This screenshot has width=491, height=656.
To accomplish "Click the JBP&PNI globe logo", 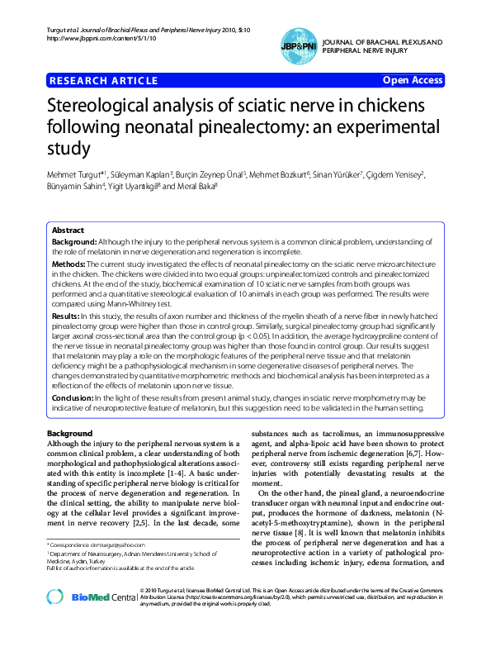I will pyautogui.click(x=298, y=44).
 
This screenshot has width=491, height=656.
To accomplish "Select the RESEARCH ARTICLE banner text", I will pyautogui.click(x=104, y=80).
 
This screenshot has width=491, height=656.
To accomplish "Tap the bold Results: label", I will pyautogui.click(x=66, y=316).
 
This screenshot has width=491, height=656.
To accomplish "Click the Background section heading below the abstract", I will pyautogui.click(x=69, y=434).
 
